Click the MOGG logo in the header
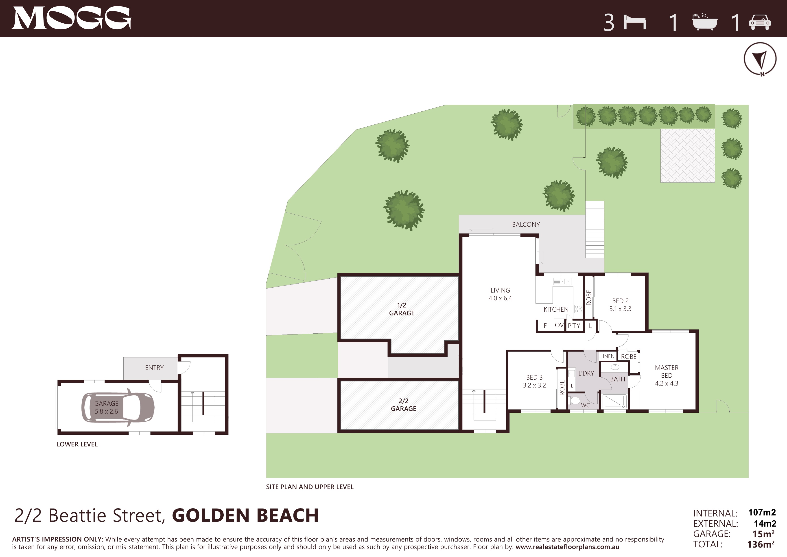[x=72, y=18]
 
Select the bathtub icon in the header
[x=705, y=22]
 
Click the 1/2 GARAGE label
[x=402, y=309]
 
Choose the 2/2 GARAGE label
[x=403, y=405]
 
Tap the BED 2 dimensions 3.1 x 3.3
[x=620, y=309]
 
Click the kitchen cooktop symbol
[x=578, y=309]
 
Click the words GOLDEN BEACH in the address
[x=245, y=515]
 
